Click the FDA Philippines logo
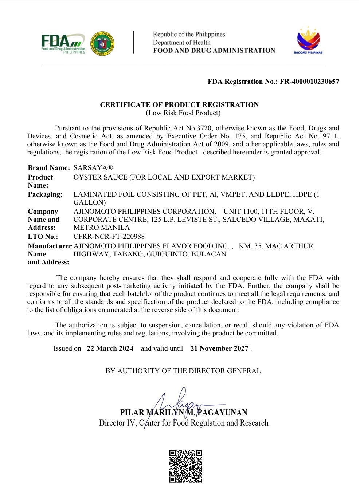click(x=63, y=44)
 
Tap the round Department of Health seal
click(x=102, y=44)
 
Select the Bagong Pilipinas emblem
click(x=308, y=41)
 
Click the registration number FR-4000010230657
click(x=309, y=82)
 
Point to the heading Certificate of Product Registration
click(x=179, y=105)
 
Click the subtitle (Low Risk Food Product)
click(x=183, y=113)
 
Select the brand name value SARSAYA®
click(x=93, y=168)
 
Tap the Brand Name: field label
click(x=49, y=168)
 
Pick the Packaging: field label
click(x=45, y=194)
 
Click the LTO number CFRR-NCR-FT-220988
click(x=109, y=237)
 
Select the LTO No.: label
click(x=43, y=237)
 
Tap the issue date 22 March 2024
click(x=110, y=348)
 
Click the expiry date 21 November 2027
click(x=219, y=348)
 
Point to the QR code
click(x=186, y=466)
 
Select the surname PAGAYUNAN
click(x=222, y=413)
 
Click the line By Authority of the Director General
click(x=183, y=371)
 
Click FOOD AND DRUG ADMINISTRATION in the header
click(x=214, y=51)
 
